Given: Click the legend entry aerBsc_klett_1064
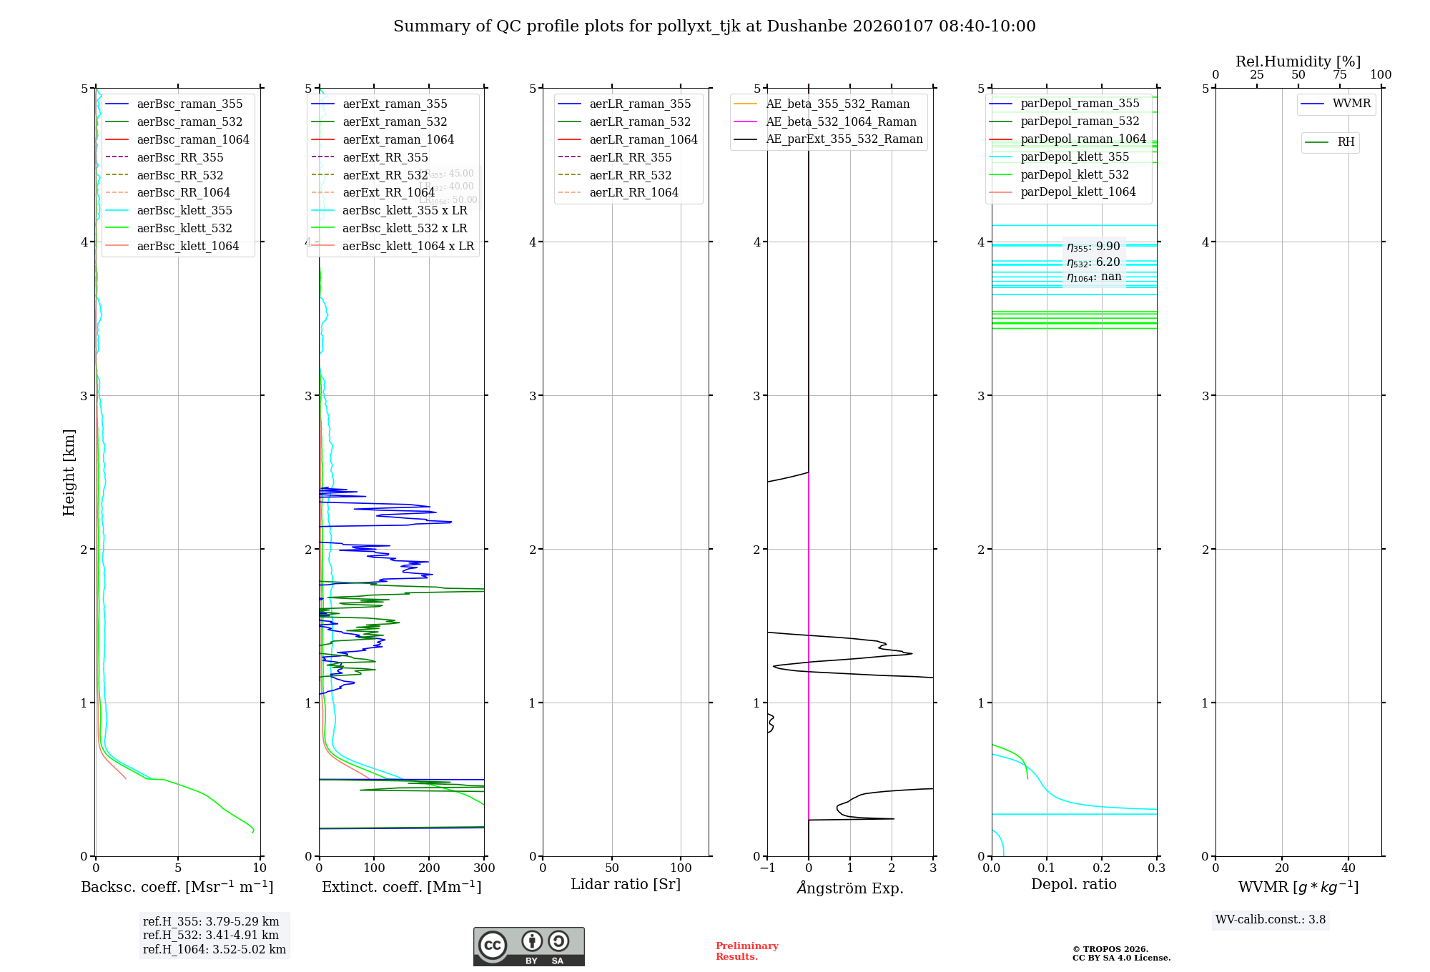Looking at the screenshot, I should (187, 246).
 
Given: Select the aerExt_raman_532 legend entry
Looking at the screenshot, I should (395, 121).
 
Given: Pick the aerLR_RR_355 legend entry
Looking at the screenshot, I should (630, 157).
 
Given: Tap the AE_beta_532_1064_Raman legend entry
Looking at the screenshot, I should (841, 121).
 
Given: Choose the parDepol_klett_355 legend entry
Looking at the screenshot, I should (1075, 157).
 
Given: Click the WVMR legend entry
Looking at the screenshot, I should (1351, 104).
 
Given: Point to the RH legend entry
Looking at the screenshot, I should (1346, 142).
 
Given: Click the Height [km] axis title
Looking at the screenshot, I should (69, 472).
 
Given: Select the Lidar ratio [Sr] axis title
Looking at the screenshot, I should (626, 884).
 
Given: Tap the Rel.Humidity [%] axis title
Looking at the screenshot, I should (1298, 61).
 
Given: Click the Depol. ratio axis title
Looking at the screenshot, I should (1073, 884).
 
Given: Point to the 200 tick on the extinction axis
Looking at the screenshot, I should (429, 868).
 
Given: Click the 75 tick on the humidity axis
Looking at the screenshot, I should (1339, 75).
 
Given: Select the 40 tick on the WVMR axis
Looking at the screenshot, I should (1348, 868).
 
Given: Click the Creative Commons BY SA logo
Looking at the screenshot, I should (528, 946).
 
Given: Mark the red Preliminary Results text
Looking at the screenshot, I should (746, 951).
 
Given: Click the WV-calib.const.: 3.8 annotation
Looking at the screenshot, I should (1271, 920).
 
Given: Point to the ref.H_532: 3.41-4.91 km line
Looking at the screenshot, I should (211, 935).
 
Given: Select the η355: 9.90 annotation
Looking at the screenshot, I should (1093, 247).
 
